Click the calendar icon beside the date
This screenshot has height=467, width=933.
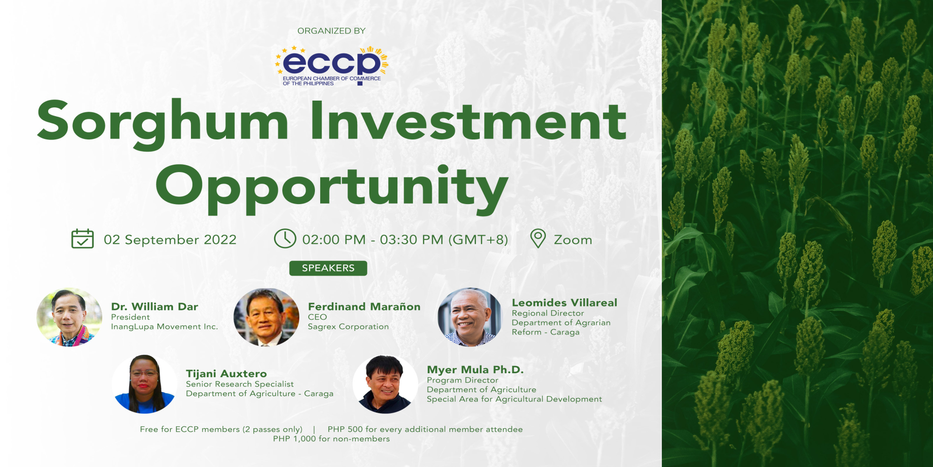click(x=83, y=239)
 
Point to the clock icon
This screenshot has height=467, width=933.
click(x=285, y=239)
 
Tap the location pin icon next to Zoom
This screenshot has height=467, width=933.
click(x=538, y=239)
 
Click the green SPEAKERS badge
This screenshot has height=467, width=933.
click(x=328, y=268)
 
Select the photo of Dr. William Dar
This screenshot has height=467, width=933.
click(x=69, y=317)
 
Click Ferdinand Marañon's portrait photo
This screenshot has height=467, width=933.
click(x=266, y=317)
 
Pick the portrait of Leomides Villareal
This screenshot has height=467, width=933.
click(x=470, y=317)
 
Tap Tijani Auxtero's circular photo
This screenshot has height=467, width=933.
click(x=144, y=384)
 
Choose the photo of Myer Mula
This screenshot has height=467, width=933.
click(x=385, y=384)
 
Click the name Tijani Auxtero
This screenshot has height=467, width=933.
click(x=226, y=374)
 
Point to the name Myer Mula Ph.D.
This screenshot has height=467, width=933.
click(x=475, y=370)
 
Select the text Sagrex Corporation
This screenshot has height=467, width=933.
click(x=348, y=327)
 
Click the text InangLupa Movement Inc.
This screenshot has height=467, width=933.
click(x=164, y=327)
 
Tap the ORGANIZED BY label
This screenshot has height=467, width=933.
click(x=331, y=31)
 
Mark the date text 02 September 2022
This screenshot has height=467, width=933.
click(x=170, y=240)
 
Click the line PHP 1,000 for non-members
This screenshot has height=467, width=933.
click(x=331, y=439)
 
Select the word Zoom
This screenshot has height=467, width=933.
click(x=573, y=240)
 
